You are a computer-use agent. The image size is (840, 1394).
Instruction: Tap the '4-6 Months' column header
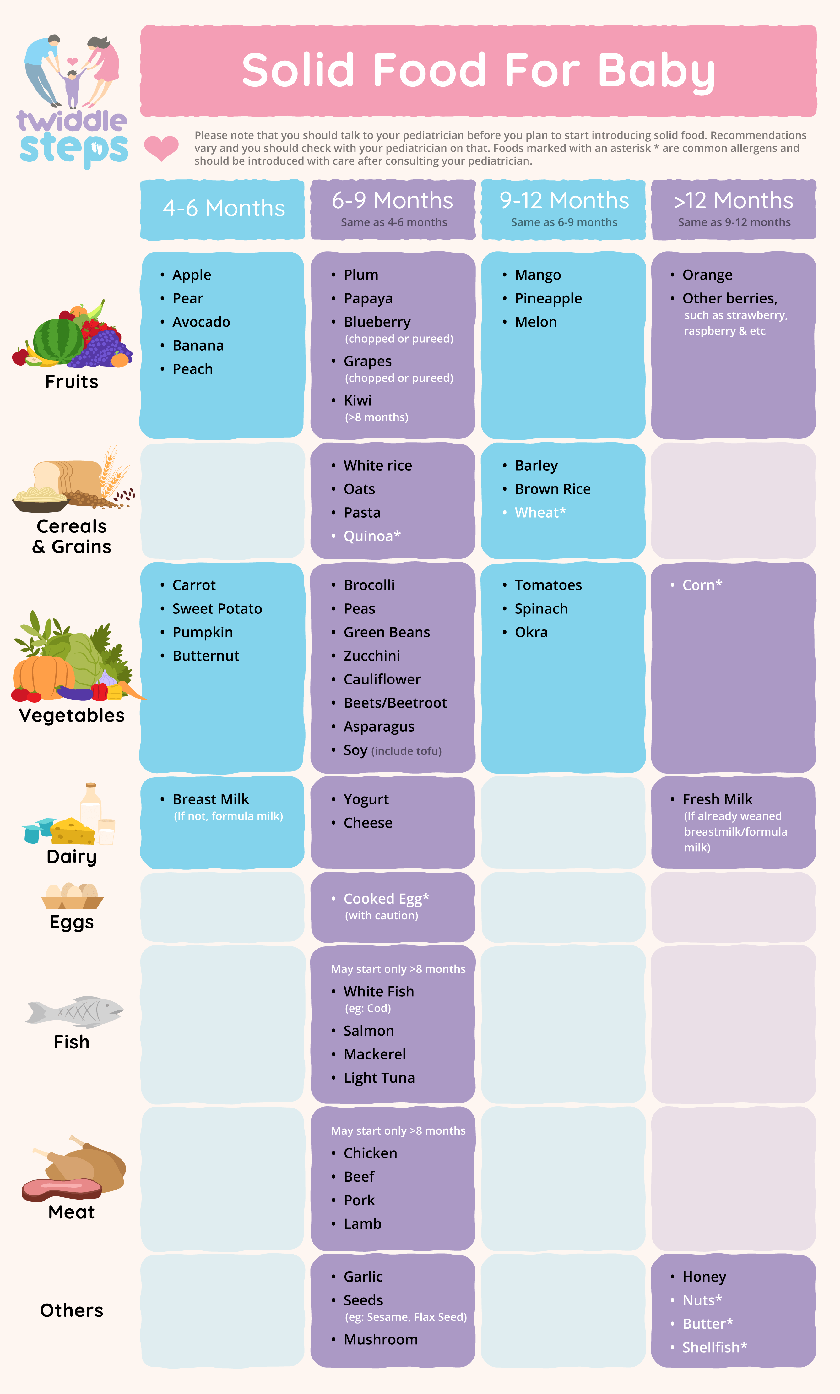224,208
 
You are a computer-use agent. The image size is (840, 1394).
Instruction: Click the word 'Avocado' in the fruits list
201,322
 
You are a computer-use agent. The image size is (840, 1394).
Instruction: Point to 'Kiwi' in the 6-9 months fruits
357,400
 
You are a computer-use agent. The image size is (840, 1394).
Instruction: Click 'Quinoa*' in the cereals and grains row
371,536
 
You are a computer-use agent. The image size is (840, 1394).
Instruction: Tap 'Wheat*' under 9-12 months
539,513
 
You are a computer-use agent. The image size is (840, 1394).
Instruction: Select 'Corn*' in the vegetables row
702,585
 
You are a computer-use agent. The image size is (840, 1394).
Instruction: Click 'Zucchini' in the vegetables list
371,656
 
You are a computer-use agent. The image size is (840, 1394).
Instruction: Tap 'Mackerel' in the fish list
374,1054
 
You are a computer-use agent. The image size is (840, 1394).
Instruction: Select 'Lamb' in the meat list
362,1224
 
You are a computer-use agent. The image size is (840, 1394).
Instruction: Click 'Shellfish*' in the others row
714,1347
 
